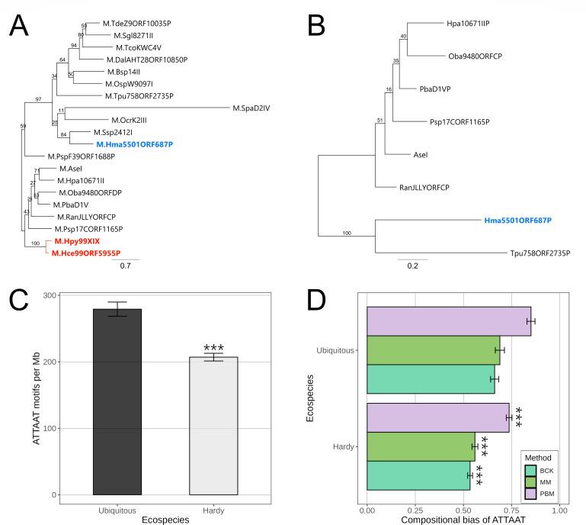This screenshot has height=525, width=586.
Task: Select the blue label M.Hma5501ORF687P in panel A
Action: (135, 143)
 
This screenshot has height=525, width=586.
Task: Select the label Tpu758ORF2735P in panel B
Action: (540, 253)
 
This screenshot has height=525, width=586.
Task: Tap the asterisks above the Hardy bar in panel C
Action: (213, 349)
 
